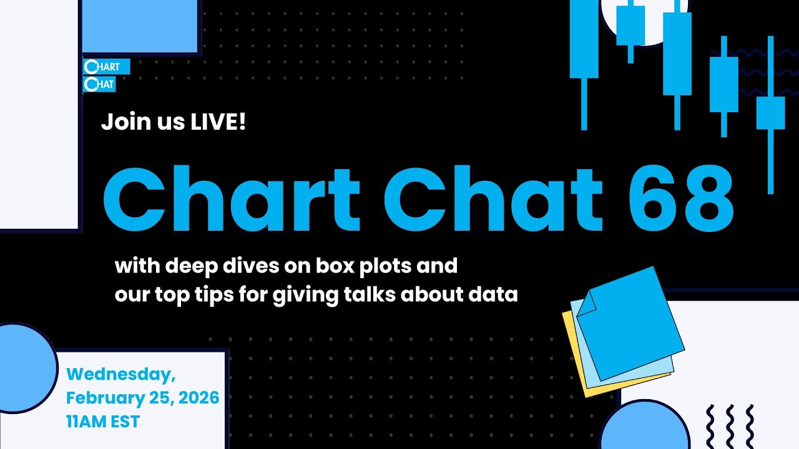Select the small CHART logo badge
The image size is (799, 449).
pyautogui.click(x=106, y=67)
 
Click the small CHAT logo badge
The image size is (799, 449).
pyautogui.click(x=100, y=84)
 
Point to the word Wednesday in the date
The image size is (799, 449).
pyautogui.click(x=121, y=374)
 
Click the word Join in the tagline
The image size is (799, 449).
pyautogui.click(x=125, y=122)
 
